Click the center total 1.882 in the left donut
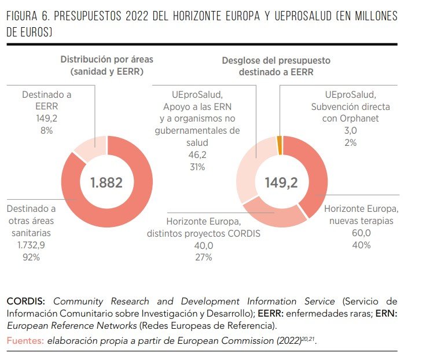(x=107, y=182)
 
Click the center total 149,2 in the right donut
(x=281, y=182)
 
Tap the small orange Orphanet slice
(x=280, y=145)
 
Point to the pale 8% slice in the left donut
(x=91, y=146)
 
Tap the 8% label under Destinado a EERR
(x=46, y=131)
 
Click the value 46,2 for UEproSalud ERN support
(x=197, y=155)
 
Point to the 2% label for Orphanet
(x=350, y=142)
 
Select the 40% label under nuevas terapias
(x=361, y=245)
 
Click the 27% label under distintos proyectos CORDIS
(x=204, y=256)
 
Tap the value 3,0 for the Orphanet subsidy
(x=350, y=131)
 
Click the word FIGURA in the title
(x=24, y=16)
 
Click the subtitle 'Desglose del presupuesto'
(x=276, y=60)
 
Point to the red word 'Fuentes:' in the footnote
(x=25, y=340)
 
